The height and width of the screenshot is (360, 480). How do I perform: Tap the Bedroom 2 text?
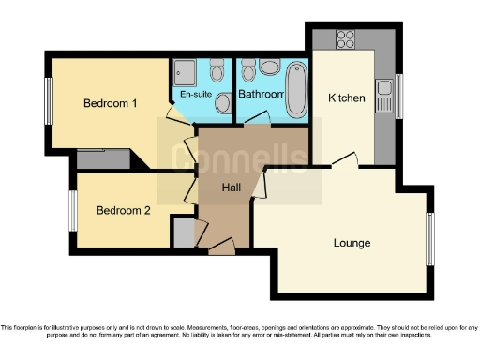pyautogui.click(x=124, y=210)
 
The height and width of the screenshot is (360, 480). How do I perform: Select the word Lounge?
pyautogui.click(x=352, y=243)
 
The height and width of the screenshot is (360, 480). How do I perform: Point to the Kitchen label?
pyautogui.click(x=346, y=97)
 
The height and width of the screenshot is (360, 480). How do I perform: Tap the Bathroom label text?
pyautogui.click(x=261, y=95)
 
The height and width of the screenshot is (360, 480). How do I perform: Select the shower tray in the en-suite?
pyautogui.click(x=184, y=72)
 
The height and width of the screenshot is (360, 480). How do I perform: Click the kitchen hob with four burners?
pyautogui.click(x=345, y=40)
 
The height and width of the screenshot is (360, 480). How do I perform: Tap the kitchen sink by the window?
pyautogui.click(x=384, y=90)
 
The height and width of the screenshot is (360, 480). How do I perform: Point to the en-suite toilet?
pyautogui.click(x=217, y=71)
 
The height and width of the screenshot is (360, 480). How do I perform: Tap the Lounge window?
pyautogui.click(x=432, y=238)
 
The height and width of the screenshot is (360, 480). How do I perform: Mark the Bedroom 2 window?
pyautogui.click(x=72, y=210)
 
